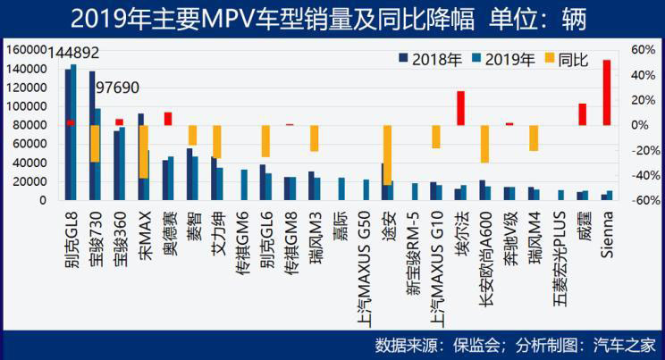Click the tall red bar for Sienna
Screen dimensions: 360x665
click(x=607, y=92)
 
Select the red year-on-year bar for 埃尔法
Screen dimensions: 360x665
click(x=461, y=107)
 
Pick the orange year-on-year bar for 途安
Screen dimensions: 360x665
click(x=387, y=155)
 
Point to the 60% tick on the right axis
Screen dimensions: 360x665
click(x=644, y=50)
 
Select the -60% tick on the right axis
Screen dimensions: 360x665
click(x=643, y=200)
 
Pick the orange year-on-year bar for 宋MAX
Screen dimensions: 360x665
click(x=144, y=152)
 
